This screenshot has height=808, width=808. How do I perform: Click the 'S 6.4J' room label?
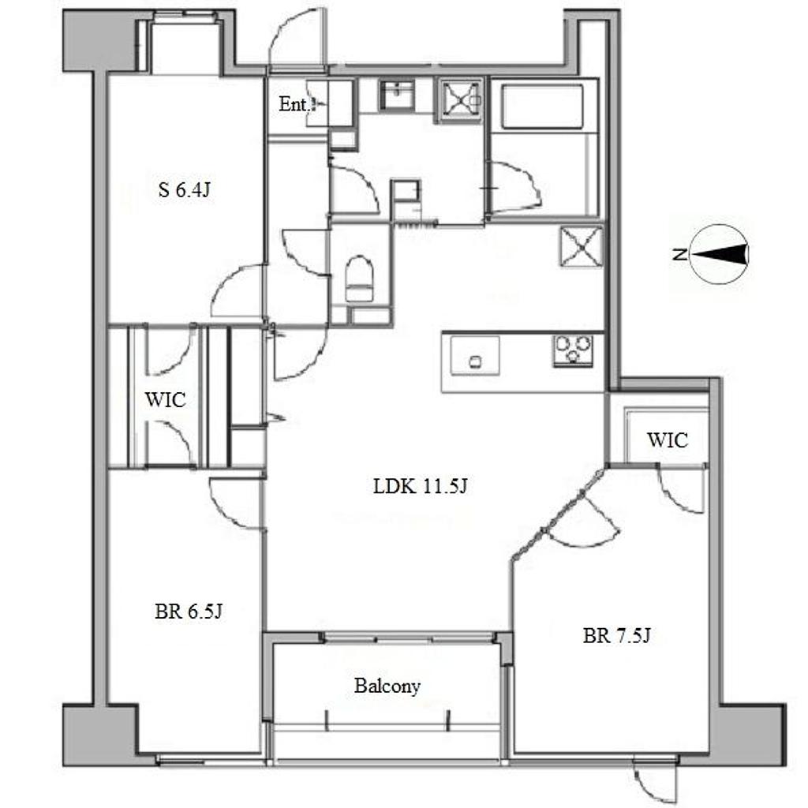[185, 190]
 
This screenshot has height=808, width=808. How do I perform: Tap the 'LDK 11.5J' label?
[420, 486]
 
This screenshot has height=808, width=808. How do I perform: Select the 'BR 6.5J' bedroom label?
[189, 612]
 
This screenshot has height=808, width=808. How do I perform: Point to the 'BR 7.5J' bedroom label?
[617, 635]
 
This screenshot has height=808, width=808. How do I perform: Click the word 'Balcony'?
[387, 686]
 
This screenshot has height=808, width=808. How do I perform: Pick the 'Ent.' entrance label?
[294, 104]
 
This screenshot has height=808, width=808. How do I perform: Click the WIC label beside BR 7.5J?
[668, 440]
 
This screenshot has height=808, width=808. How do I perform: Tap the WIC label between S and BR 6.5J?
[165, 400]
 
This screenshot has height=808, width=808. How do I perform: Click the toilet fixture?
[359, 279]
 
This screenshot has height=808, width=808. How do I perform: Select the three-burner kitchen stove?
[573, 350]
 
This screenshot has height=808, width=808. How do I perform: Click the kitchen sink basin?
[474, 356]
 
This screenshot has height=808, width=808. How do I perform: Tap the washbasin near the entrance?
[397, 95]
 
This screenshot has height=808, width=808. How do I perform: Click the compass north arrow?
[719, 253]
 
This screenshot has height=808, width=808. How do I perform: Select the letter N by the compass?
[679, 254]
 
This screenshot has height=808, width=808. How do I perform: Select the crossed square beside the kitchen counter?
[582, 247]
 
